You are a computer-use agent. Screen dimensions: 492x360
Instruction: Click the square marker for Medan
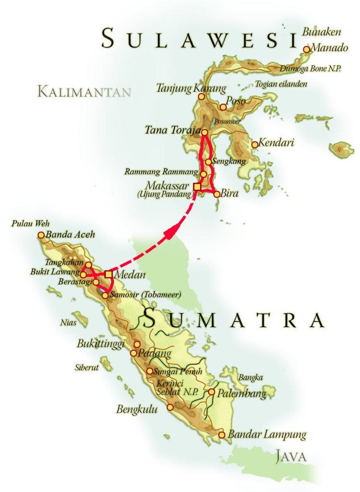[x=109, y=274]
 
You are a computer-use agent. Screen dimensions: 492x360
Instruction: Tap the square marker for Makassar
[x=197, y=186]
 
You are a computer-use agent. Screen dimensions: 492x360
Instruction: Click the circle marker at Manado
[x=307, y=49]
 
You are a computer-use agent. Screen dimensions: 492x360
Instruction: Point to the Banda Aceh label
[x=70, y=235]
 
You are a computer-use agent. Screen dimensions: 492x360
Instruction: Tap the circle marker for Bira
[x=217, y=194]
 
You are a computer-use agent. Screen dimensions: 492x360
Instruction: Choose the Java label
[x=292, y=456]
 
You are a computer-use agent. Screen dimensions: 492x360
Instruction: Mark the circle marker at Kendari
[x=255, y=144]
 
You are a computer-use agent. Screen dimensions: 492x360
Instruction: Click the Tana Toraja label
[x=172, y=130]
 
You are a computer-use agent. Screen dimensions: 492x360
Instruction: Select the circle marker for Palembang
[x=211, y=392]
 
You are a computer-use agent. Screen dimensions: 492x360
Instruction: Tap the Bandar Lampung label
[x=267, y=435]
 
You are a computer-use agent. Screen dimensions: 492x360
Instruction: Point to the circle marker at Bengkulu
[x=170, y=407]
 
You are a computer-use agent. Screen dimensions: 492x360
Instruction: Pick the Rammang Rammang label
[x=161, y=172]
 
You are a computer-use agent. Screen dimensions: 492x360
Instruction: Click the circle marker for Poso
[x=223, y=107]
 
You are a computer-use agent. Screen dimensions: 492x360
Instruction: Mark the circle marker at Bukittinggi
[x=137, y=344]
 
